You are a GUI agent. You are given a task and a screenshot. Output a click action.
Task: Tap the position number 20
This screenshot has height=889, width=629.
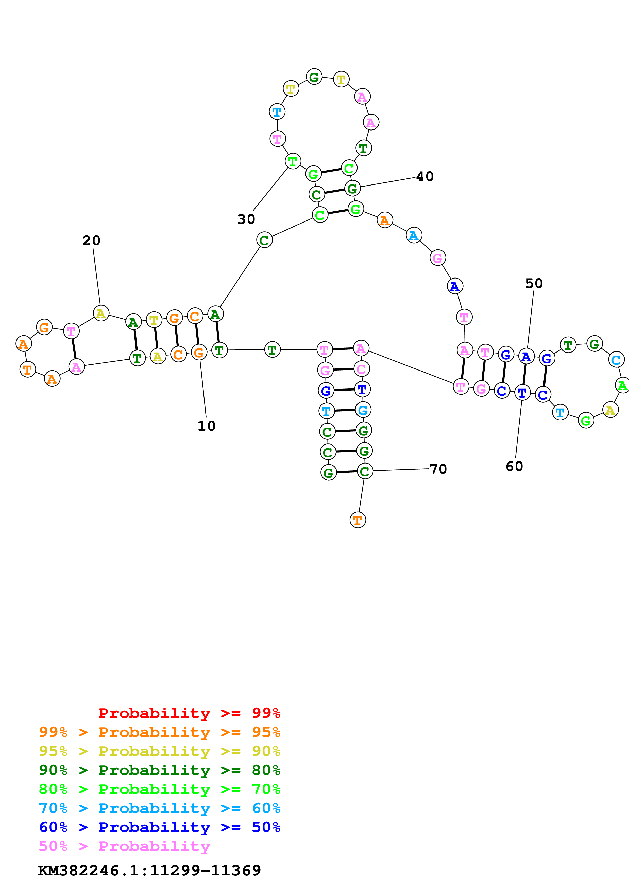(x=91, y=240)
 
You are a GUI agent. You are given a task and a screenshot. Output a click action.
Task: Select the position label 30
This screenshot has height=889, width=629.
(x=246, y=219)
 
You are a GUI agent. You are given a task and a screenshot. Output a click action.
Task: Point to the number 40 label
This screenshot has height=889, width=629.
(x=425, y=177)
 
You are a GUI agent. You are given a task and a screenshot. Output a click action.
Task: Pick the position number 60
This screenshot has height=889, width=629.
(x=514, y=466)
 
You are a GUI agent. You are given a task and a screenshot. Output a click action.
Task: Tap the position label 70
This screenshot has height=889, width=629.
(x=438, y=469)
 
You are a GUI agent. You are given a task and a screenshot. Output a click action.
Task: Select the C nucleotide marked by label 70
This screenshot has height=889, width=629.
(x=364, y=471)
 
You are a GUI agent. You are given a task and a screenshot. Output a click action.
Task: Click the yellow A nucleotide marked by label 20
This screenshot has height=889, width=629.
(x=101, y=313)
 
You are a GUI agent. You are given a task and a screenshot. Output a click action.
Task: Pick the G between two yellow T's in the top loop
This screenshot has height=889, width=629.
(x=314, y=77)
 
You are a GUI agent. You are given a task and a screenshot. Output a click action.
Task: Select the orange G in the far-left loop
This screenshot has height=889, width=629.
(x=44, y=327)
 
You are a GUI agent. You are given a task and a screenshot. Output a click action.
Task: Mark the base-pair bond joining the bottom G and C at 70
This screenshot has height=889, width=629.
(x=347, y=472)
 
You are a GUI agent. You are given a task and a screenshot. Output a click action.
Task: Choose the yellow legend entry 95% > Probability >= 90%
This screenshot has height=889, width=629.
(x=159, y=751)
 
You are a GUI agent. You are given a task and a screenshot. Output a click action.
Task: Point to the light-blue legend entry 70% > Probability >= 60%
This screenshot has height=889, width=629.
(x=159, y=808)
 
